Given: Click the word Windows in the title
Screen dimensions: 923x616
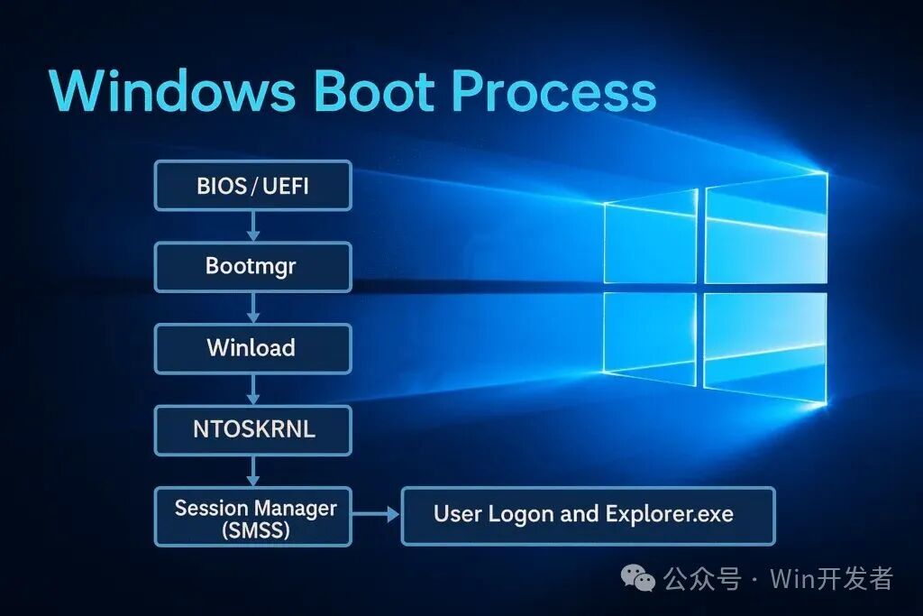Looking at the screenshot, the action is point(172,90).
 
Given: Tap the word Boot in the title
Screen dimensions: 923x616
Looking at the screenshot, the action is point(374,90).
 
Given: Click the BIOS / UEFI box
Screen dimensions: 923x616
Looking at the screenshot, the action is point(253,186).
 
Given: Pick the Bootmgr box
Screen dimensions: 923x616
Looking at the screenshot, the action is point(253,267).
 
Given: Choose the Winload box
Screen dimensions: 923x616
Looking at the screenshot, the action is point(253,348).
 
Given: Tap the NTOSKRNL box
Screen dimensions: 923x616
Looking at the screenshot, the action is point(253,429).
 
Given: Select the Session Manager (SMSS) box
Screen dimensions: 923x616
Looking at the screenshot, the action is point(253,517).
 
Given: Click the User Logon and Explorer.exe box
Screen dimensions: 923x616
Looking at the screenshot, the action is point(588,516).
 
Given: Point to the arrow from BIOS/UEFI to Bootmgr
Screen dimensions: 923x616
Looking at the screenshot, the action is point(253,226).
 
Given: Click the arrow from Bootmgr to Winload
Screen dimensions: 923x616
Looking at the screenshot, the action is point(253,308).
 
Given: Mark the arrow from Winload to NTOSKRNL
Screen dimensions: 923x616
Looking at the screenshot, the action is point(253,389).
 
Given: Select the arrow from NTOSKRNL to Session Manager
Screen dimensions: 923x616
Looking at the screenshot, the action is point(253,471).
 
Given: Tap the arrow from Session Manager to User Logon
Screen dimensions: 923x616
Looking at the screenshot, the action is point(376,515).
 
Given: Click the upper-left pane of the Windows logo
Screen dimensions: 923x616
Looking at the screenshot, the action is point(651,237).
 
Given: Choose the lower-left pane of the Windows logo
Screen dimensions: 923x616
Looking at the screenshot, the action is point(651,338).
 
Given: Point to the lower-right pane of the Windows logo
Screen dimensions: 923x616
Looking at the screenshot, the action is point(765,347).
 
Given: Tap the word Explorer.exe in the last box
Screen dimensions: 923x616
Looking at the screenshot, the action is point(670,514).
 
